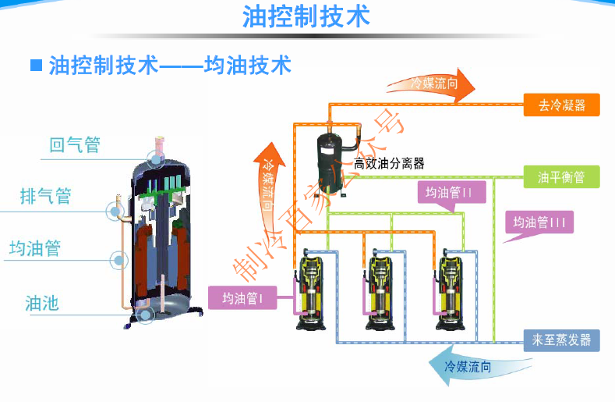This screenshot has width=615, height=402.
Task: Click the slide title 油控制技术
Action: pos(306,16)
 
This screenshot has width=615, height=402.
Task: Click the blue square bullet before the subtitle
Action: pos(36,65)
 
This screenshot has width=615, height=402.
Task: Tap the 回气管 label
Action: pos(75,145)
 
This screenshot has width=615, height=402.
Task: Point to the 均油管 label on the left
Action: pos(35,249)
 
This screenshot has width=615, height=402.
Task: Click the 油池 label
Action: pos(42,303)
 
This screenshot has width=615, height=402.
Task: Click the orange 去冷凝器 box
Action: pos(561,105)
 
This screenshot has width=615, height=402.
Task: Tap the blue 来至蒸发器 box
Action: pos(561,340)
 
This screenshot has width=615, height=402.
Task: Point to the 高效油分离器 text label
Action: pos(389,163)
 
